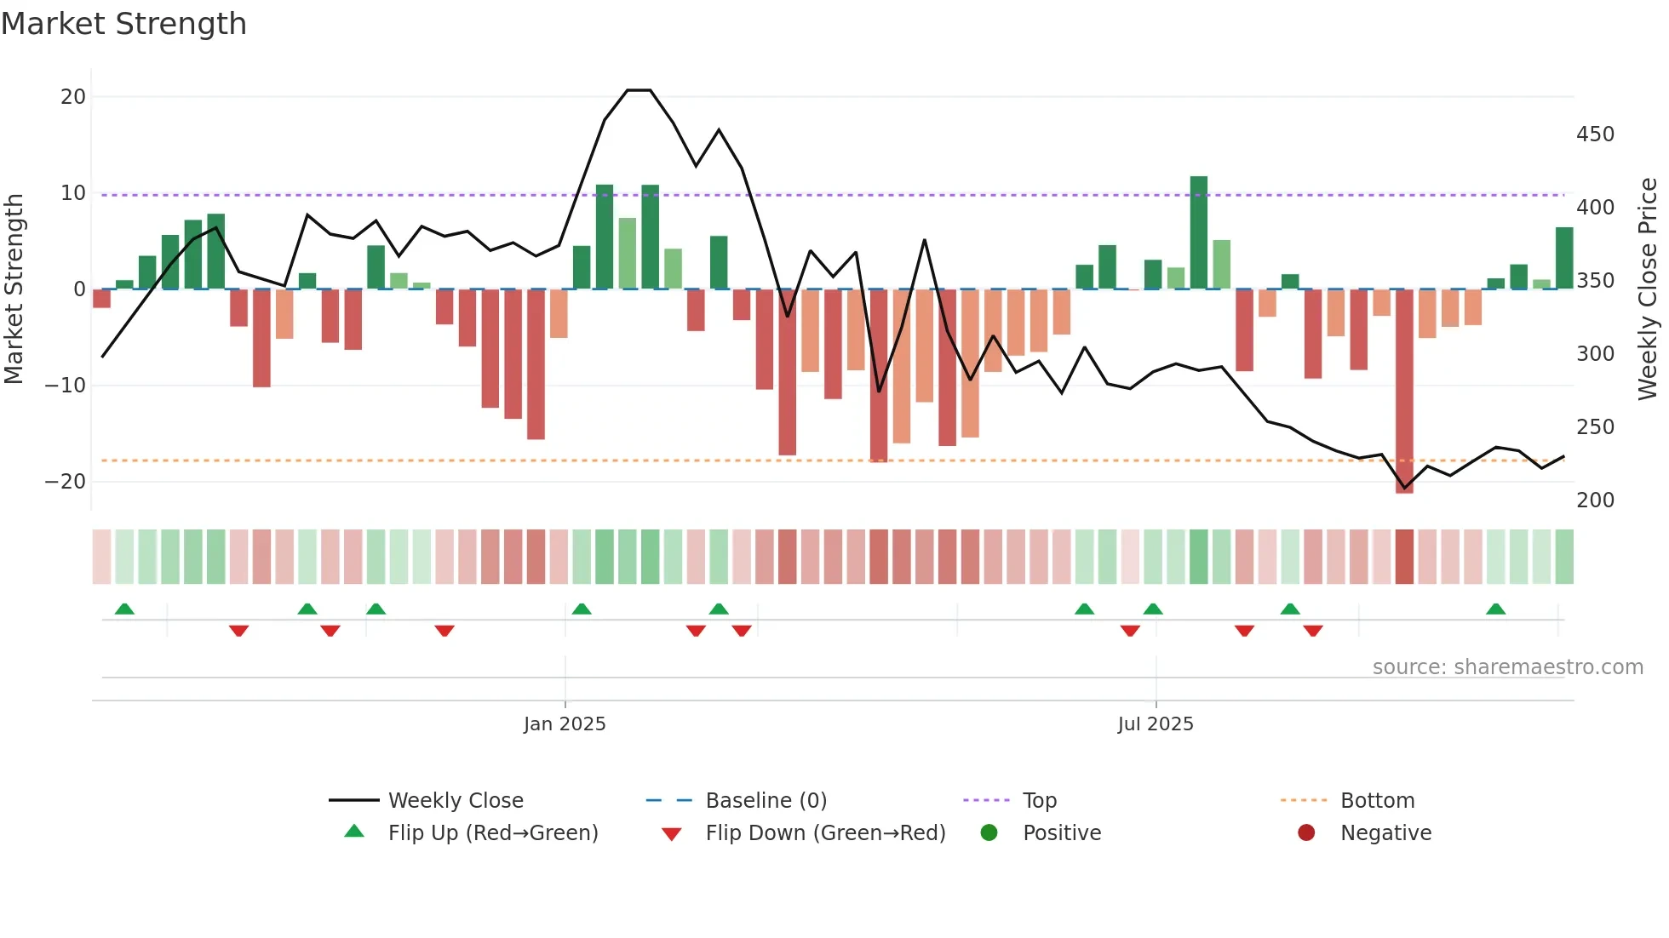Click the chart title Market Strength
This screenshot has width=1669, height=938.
123,24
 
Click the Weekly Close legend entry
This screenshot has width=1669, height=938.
455,800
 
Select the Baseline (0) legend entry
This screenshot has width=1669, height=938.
766,800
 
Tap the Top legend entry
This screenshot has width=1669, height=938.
1039,800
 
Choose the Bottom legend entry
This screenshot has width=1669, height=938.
1377,800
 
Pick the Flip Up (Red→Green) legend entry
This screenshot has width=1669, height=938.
492,832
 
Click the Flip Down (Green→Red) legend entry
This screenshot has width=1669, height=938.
824,832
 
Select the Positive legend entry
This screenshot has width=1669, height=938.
1061,832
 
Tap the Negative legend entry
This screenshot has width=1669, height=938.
1385,832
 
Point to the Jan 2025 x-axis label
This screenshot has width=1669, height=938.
565,724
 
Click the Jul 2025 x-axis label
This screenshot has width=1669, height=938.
1156,724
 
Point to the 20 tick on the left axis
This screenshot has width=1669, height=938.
73,97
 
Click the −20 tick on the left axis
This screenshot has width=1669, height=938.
66,482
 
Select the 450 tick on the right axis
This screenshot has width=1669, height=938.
1595,134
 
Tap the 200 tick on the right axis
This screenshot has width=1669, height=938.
1595,500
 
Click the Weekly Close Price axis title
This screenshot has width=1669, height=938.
1648,289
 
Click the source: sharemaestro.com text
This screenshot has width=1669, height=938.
1507,666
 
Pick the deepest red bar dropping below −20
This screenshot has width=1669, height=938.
1404,392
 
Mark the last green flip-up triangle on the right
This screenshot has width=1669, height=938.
1495,609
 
